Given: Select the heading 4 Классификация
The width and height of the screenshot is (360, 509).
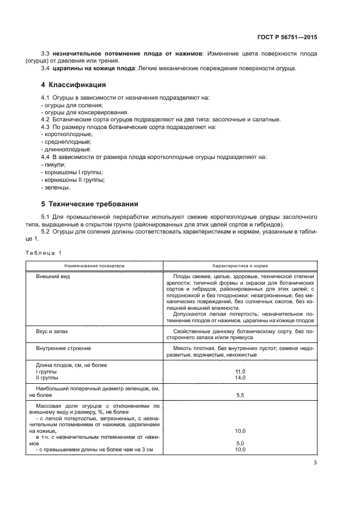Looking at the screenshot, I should coord(74,85).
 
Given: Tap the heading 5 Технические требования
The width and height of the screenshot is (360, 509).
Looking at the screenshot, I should coord(89,204).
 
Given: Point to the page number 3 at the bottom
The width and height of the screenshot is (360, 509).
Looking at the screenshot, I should coord(315,463).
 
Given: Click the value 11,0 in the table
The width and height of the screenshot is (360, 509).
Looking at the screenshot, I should coord(240,371).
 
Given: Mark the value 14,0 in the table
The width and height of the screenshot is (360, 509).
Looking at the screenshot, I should coord(240,377).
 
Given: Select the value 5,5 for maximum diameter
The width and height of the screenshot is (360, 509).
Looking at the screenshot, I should coord(240,396).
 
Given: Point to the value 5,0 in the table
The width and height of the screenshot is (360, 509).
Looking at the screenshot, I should coord(240,443).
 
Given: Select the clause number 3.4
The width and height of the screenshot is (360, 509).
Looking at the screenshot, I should coord(46,68).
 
